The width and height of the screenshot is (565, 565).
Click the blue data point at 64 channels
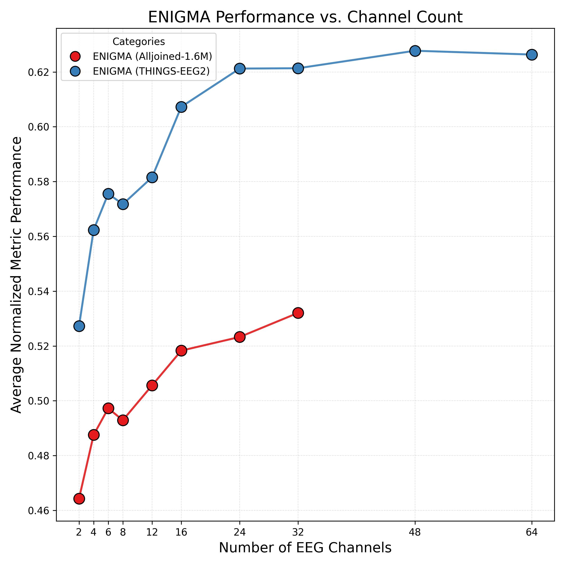pyautogui.click(x=531, y=55)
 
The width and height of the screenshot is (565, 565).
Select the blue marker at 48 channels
pyautogui.click(x=415, y=51)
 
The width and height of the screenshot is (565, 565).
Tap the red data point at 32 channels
pyautogui.click(x=298, y=313)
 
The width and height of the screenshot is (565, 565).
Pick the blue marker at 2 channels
pyautogui.click(x=79, y=326)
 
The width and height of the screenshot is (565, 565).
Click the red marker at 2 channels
pyautogui.click(x=79, y=498)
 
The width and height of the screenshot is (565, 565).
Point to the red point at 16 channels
pyautogui.click(x=181, y=350)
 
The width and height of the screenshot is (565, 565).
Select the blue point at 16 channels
pyautogui.click(x=181, y=107)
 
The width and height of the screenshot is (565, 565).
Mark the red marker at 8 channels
pyautogui.click(x=123, y=420)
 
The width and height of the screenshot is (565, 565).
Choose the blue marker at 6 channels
pyautogui.click(x=108, y=194)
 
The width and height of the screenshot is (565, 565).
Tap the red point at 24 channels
pyautogui.click(x=239, y=337)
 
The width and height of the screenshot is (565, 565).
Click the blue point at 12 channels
pyautogui.click(x=152, y=177)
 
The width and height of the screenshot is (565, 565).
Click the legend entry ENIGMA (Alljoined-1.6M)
pyautogui.click(x=152, y=56)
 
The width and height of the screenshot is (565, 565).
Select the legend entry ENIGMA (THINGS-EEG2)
pyautogui.click(x=151, y=71)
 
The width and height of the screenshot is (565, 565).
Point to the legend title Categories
pyautogui.click(x=139, y=42)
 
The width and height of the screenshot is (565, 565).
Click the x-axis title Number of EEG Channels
pyautogui.click(x=305, y=548)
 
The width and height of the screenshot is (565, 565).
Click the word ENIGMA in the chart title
pyautogui.click(x=179, y=17)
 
